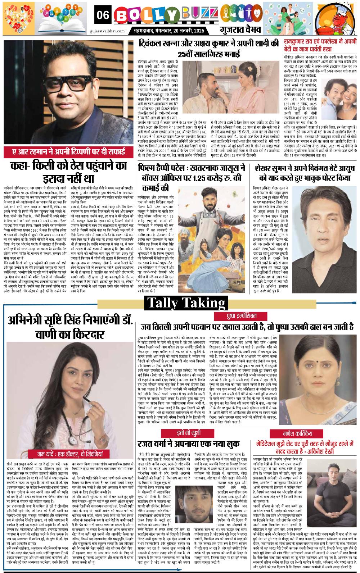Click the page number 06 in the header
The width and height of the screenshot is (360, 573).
coord(103,15)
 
